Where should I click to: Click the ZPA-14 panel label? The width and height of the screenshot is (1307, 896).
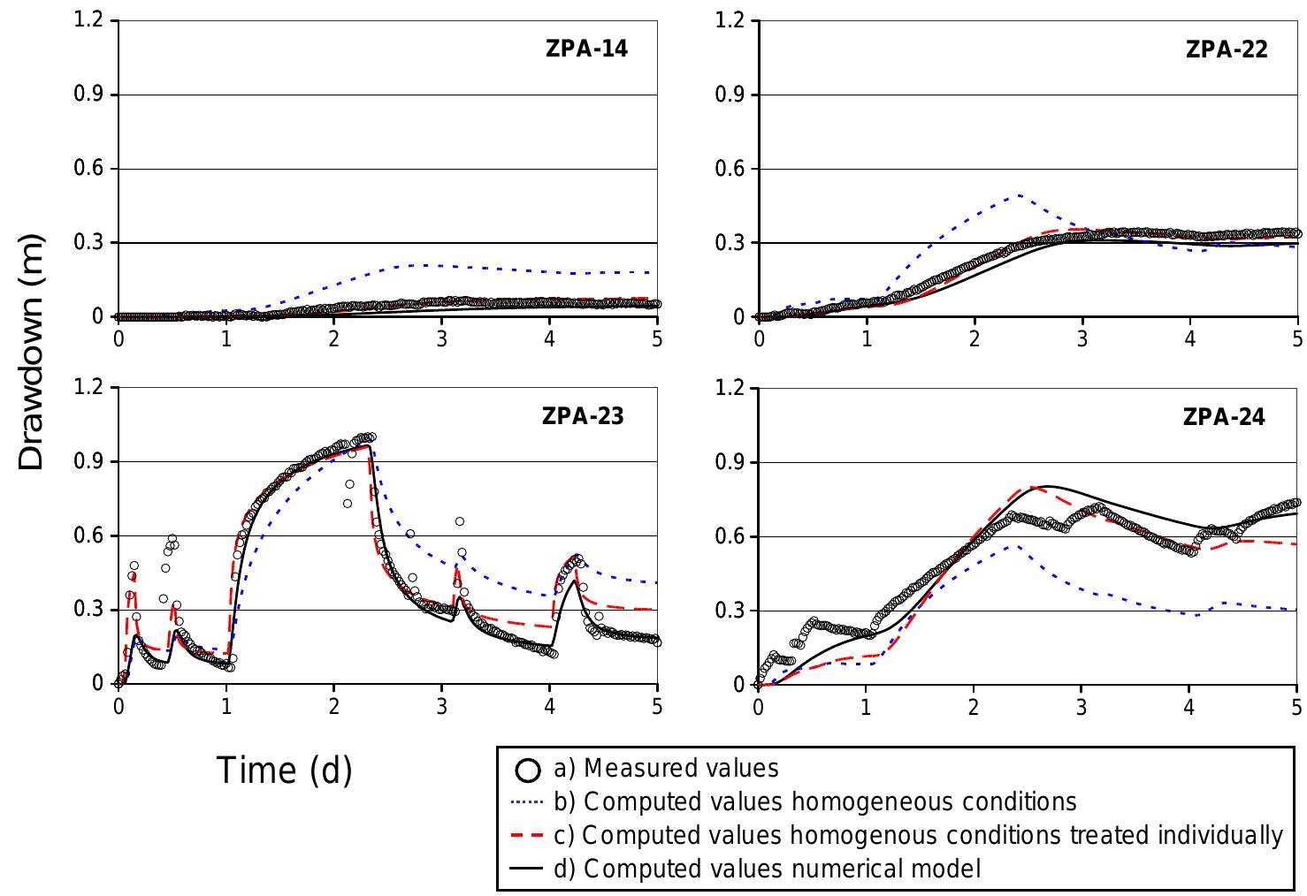tap(586, 49)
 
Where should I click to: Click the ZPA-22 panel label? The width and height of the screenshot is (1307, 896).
tap(1226, 49)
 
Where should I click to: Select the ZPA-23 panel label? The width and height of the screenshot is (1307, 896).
tap(583, 415)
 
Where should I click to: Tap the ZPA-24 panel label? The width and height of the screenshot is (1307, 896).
tap(1223, 416)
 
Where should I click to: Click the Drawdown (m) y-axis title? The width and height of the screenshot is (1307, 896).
tap(31, 355)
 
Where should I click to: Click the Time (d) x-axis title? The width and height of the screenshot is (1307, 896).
tap(284, 770)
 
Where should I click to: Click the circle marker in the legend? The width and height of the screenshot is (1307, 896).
tap(527, 770)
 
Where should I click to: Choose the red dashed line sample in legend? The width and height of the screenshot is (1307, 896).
tap(529, 836)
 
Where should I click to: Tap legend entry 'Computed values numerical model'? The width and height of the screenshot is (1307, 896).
tap(767, 869)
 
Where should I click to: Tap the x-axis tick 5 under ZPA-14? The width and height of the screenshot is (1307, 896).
tap(657, 338)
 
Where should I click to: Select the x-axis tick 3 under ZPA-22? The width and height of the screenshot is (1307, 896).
tap(1082, 338)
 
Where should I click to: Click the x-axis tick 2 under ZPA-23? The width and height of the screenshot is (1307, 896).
tap(333, 706)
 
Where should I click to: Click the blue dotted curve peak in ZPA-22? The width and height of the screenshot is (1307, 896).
tap(1019, 194)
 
